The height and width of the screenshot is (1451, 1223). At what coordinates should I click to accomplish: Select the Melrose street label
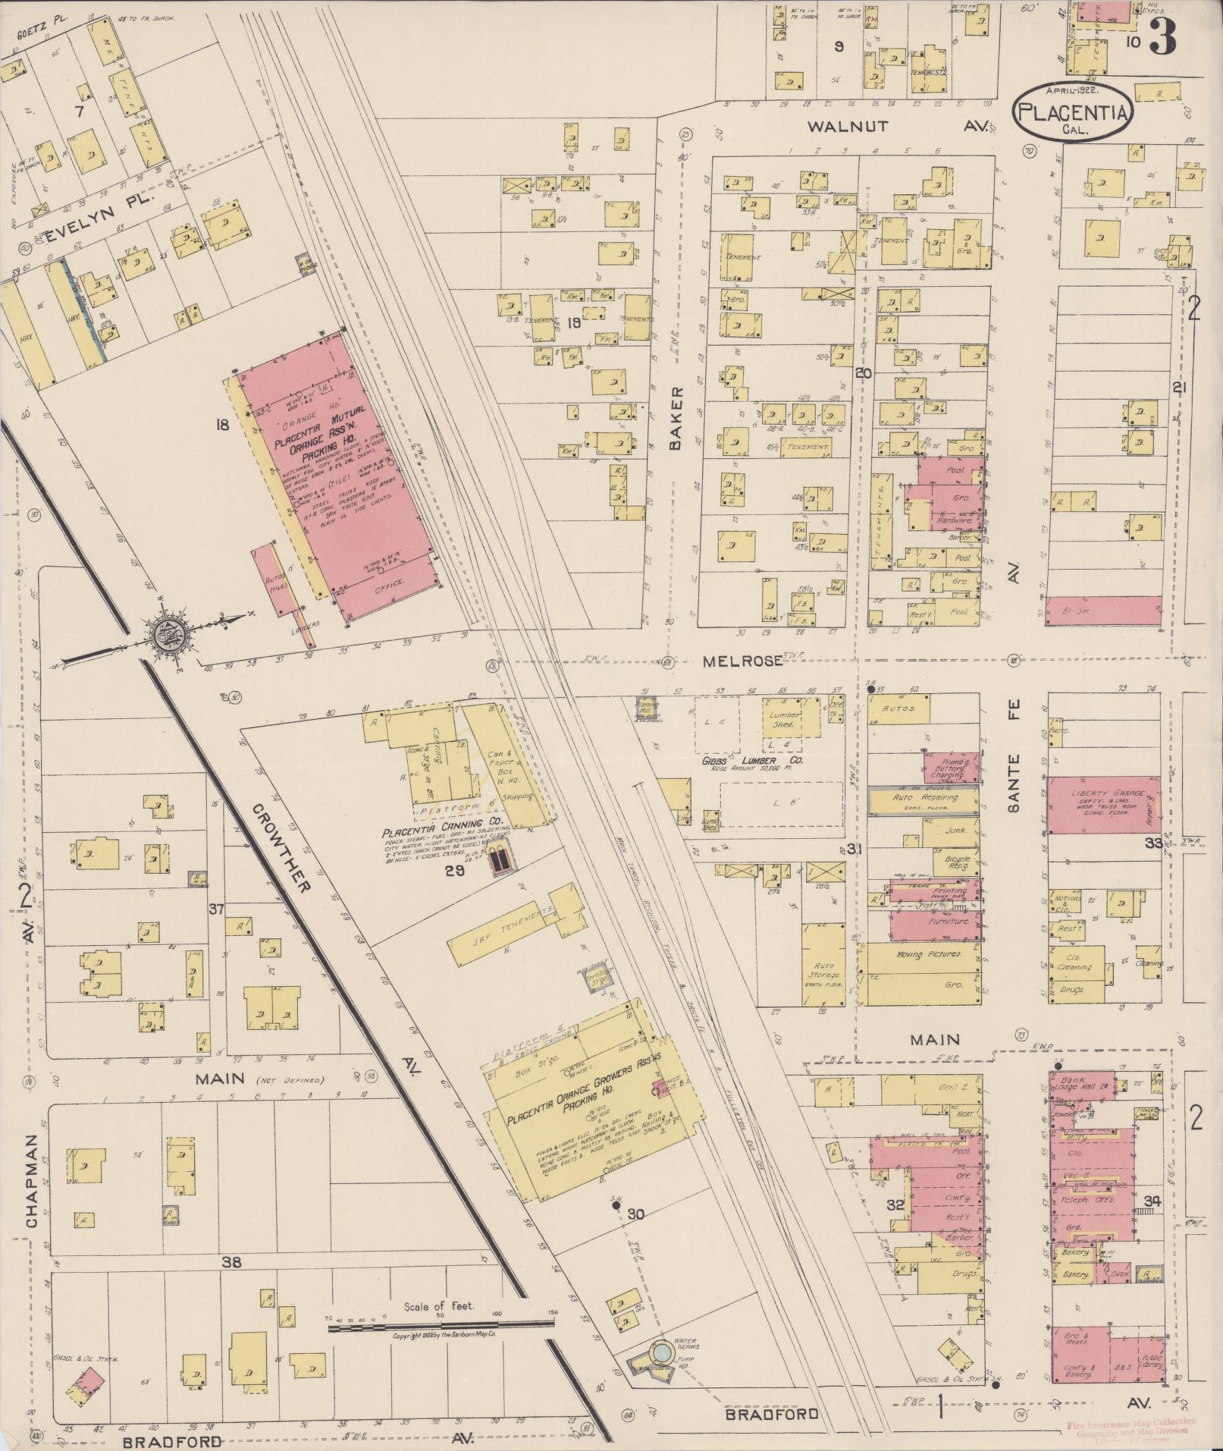click(x=742, y=661)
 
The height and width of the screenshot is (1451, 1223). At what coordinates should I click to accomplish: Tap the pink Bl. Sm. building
click(x=1103, y=611)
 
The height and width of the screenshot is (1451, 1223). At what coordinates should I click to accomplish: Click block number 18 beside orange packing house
click(x=221, y=426)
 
